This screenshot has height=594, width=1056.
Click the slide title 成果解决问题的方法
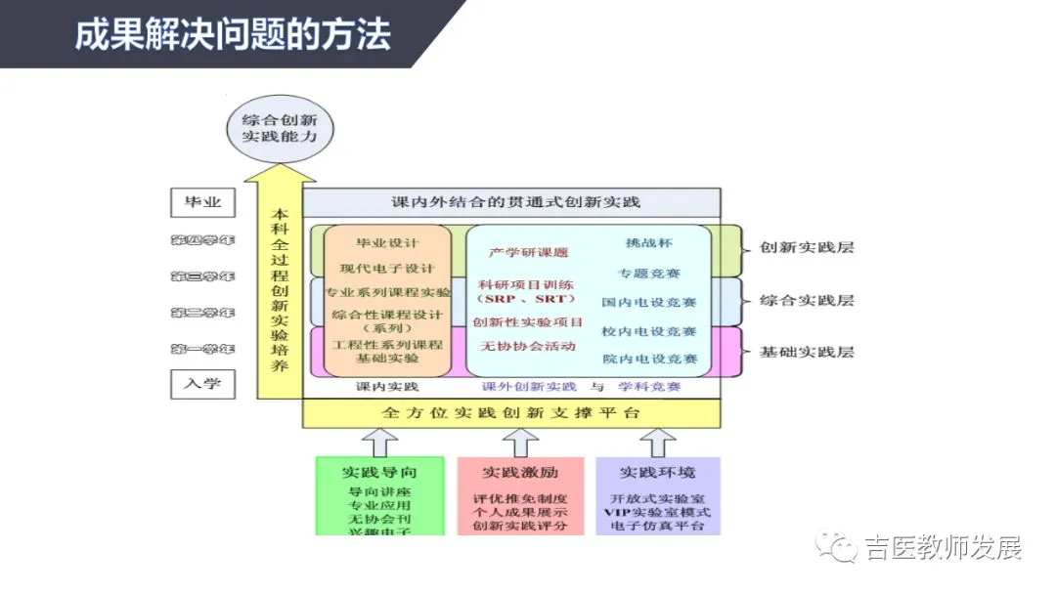(233, 34)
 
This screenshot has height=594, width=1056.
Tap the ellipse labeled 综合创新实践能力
(280, 129)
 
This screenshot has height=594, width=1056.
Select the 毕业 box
(202, 203)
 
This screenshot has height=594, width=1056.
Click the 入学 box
(202, 383)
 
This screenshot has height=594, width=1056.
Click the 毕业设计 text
(387, 242)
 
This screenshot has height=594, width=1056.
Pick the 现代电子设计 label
(387, 268)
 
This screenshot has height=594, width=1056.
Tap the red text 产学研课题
(528, 252)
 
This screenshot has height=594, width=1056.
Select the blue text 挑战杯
(649, 242)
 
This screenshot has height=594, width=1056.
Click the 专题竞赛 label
(649, 273)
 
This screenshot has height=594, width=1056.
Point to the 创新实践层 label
(807, 247)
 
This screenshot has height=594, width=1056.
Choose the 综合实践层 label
(807, 300)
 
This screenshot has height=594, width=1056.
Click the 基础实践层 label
(807, 351)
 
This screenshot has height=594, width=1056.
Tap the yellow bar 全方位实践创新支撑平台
(511, 412)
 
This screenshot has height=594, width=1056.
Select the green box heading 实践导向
(379, 472)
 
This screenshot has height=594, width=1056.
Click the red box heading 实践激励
(520, 472)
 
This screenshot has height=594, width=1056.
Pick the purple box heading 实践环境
(658, 472)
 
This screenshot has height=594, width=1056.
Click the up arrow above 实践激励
(520, 442)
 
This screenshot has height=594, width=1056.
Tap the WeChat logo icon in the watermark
(838, 548)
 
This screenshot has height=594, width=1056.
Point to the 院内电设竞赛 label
(649, 360)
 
